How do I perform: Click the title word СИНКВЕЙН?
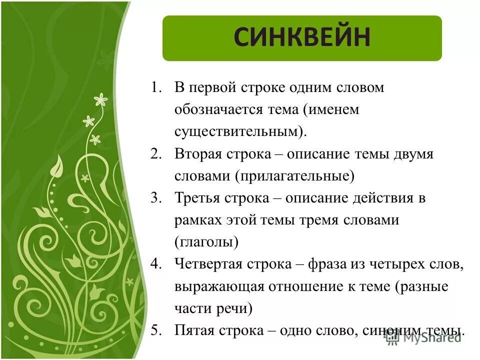[x=302, y=38]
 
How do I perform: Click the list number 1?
[x=156, y=88]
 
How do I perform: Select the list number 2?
[x=156, y=154]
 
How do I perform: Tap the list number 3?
[x=156, y=198]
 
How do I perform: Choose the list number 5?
[x=156, y=330]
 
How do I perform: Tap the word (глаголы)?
[x=206, y=242]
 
